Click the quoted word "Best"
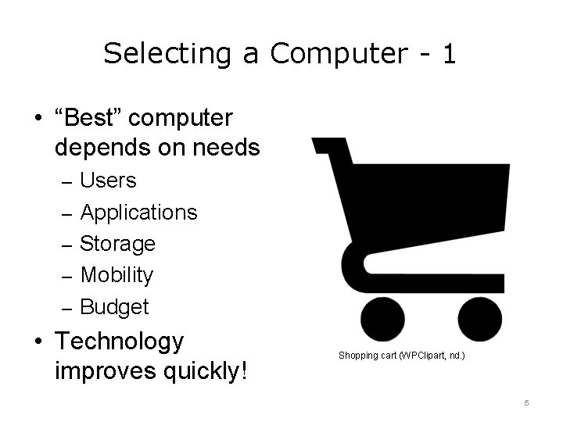pyautogui.click(x=88, y=118)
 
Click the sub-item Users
pyautogui.click(x=108, y=181)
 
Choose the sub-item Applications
pyautogui.click(x=138, y=213)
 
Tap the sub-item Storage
pyautogui.click(x=117, y=244)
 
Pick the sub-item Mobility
pyautogui.click(x=117, y=275)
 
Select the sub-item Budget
pyautogui.click(x=114, y=307)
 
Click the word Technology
pyautogui.click(x=120, y=342)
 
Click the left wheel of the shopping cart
pyautogui.click(x=382, y=320)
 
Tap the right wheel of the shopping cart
pyautogui.click(x=479, y=320)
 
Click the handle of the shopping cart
pyautogui.click(x=328, y=148)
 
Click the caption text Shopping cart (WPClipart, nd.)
pyautogui.click(x=401, y=356)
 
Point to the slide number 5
pyautogui.click(x=526, y=402)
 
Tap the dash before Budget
pyautogui.click(x=66, y=308)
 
